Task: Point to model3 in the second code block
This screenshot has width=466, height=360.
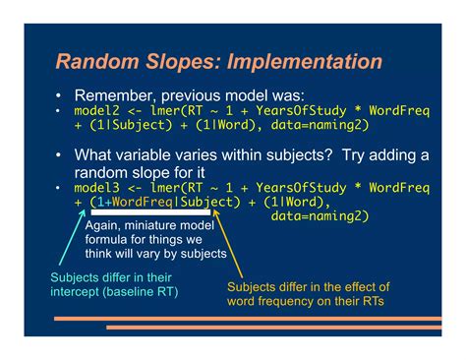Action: click(x=96, y=187)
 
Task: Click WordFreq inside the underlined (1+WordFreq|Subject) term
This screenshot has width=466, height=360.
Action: click(x=146, y=202)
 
